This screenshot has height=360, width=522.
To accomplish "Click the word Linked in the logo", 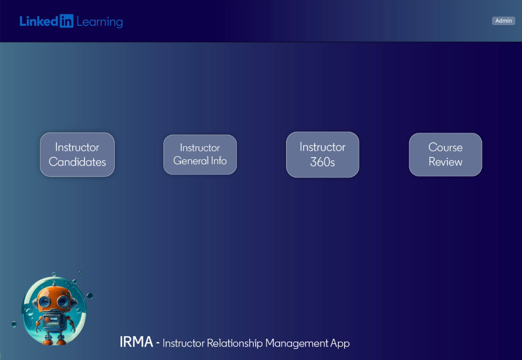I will coord(39,21).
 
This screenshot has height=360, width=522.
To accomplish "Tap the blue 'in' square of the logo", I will coord(66,21).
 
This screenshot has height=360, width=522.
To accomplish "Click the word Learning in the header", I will coord(99,22).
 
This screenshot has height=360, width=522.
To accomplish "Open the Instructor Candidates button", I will coord(77,154).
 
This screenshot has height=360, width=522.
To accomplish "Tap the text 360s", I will coord(322,162).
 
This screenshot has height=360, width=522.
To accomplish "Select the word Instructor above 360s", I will coord(322,147).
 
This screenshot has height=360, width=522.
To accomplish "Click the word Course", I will coord(445,147).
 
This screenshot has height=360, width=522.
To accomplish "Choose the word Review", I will coord(445,162).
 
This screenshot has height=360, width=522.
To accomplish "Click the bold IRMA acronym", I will coord(136,342).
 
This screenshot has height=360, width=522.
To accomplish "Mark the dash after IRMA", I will coord(158,343).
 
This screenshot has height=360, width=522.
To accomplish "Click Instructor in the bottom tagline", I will coord(183,343).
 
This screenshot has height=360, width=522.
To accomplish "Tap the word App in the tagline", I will coord(340,344).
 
